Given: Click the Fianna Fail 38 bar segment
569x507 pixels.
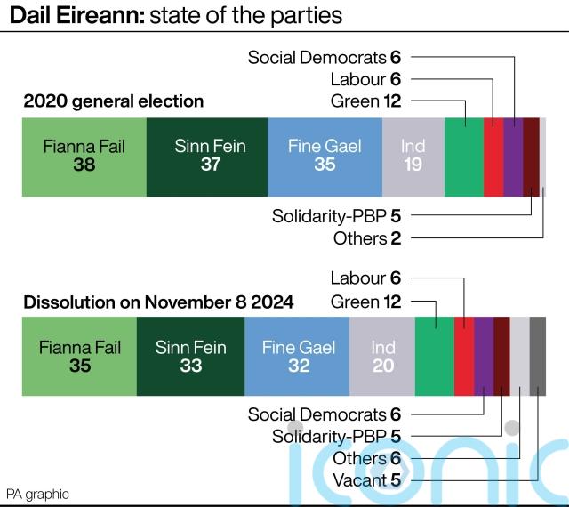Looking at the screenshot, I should click(x=84, y=156).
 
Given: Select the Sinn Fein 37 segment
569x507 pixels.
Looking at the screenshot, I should click(x=206, y=156).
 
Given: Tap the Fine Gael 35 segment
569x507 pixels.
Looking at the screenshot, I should click(x=325, y=156).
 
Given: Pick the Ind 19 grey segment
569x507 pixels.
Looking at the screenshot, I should click(x=413, y=156).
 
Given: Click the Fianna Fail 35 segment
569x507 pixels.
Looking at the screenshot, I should click(x=79, y=356).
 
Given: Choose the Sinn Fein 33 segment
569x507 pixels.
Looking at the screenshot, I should click(x=190, y=356).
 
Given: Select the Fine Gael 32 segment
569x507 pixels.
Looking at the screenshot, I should click(x=297, y=356).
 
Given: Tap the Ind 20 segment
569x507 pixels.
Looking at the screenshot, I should click(x=382, y=356).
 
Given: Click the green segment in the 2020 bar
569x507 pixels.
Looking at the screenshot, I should click(x=463, y=156).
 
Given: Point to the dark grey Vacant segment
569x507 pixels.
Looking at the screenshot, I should click(x=538, y=356).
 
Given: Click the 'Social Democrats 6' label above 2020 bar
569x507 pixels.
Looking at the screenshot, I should click(x=325, y=58).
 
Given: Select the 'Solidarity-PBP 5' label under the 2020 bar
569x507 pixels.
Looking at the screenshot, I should click(x=337, y=215).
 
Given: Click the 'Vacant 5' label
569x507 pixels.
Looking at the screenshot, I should click(x=365, y=481).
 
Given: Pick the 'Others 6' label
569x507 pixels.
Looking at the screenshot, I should click(x=366, y=459).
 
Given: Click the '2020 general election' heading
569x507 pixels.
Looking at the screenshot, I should click(x=114, y=101).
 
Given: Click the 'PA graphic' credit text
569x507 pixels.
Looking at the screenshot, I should click(x=37, y=494).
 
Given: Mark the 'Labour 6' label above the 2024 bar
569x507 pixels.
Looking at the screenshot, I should click(x=365, y=278).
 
